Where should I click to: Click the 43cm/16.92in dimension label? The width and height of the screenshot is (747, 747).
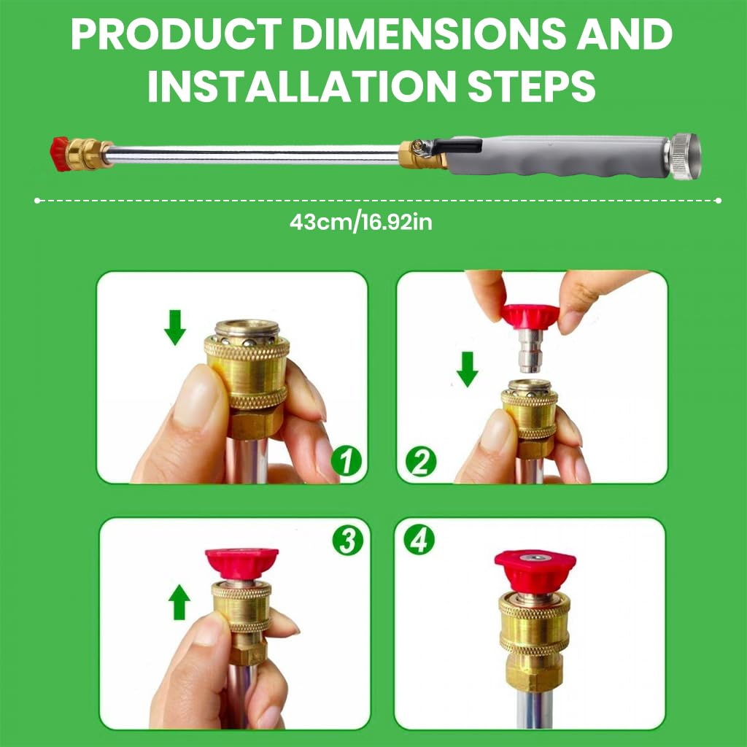360,222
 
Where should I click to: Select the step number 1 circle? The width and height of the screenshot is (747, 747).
347,460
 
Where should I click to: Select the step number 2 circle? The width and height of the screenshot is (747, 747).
422,461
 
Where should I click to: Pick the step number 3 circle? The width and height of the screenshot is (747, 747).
347,541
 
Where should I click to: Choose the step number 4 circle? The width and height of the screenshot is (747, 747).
419,541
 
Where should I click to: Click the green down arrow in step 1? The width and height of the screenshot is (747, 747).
175,327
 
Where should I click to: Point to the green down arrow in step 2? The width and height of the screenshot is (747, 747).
467,368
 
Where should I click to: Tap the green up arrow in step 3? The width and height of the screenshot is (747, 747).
179,603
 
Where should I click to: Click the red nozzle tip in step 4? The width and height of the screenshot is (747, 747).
535,569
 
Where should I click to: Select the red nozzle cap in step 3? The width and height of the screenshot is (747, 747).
241,562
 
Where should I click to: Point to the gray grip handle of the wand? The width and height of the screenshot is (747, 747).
558,158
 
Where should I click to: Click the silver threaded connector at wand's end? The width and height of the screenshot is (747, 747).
684,156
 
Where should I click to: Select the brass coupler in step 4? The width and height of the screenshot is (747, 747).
535,635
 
